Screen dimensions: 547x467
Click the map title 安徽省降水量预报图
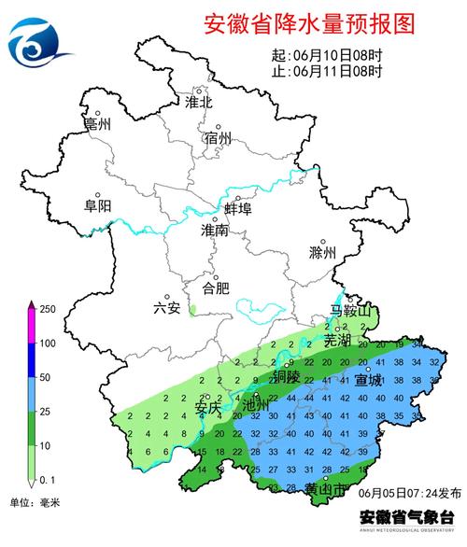(307, 24)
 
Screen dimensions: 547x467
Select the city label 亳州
(97, 123)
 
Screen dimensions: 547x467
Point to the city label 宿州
(218, 139)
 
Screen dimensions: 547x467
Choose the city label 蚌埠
(238, 208)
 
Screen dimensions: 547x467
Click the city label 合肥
(216, 288)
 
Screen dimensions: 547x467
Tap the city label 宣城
(369, 380)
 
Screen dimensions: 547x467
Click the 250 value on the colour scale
(49, 309)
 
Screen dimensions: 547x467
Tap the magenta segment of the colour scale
(31, 327)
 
